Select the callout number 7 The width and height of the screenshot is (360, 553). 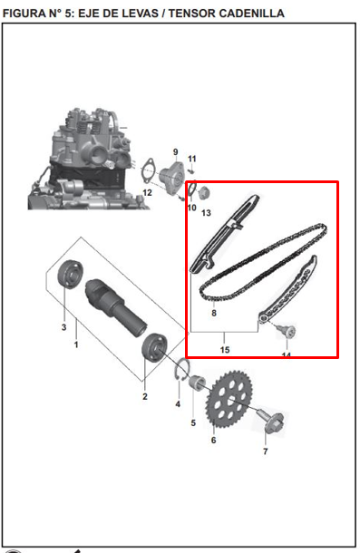click(265, 451)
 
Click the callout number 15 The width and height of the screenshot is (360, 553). click(224, 349)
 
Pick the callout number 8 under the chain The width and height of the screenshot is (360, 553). click(213, 313)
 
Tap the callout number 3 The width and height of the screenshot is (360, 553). click(63, 326)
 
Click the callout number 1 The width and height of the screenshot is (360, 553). click(75, 345)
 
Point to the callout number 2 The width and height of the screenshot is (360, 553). click(144, 396)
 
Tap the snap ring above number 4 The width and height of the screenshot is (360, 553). click(181, 371)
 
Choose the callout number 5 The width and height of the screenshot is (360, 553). click(193, 422)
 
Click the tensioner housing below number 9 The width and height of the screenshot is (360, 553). click(170, 175)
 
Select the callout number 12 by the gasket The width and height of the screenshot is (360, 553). click(146, 193)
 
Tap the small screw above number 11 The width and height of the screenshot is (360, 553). click(192, 170)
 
